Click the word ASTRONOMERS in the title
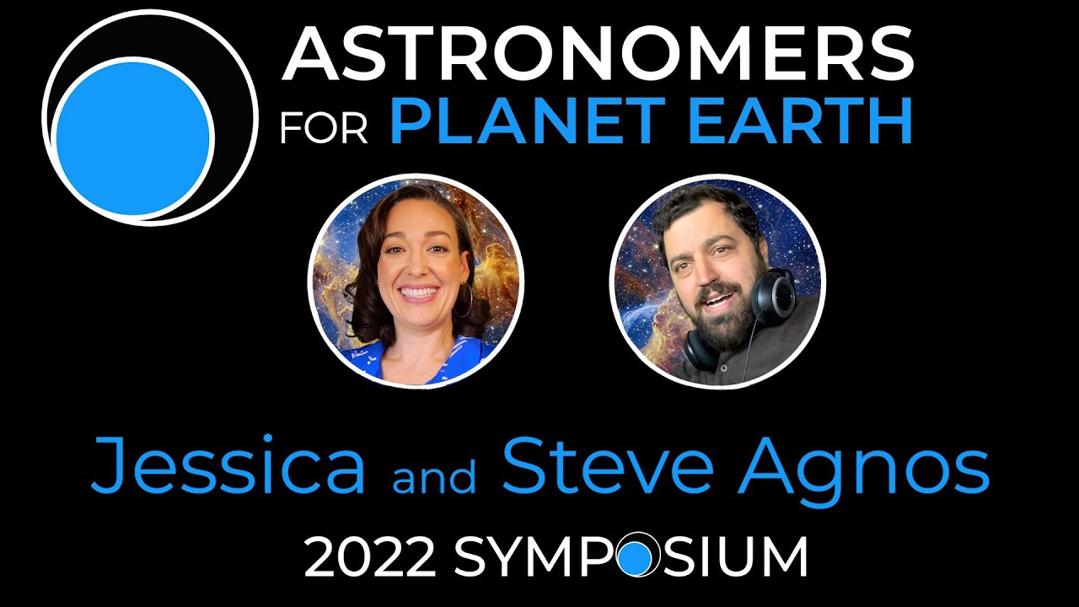tap(598, 54)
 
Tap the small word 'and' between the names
tap(433, 475)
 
